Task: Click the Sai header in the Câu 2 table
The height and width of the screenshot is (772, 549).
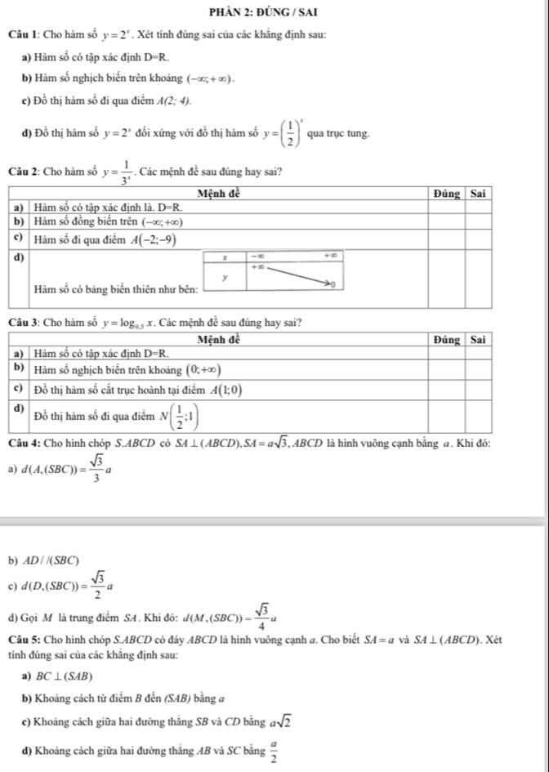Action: tap(480, 194)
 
